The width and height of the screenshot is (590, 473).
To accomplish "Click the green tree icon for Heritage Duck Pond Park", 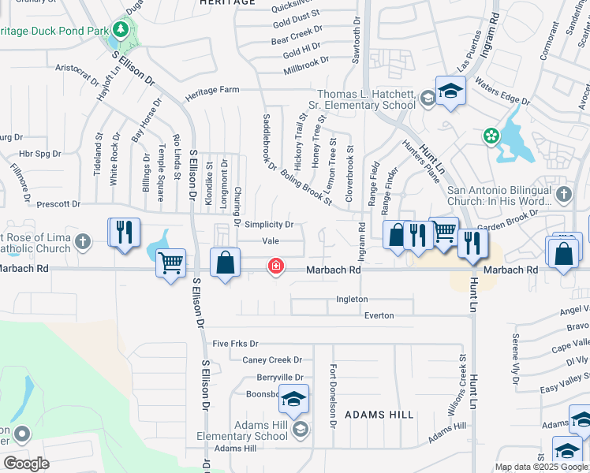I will [121, 30].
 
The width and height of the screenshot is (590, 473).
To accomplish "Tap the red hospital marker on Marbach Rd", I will [275, 266].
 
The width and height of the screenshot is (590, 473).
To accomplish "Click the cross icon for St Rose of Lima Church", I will [84, 244].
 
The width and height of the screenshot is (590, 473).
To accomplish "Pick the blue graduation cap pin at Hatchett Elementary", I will [450, 91].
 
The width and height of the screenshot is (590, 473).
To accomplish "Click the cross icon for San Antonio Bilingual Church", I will [563, 194].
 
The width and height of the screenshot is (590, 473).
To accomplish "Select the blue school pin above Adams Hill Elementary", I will [293, 402].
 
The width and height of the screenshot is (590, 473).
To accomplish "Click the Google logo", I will [25, 464].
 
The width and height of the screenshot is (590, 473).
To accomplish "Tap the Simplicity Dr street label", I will [269, 225].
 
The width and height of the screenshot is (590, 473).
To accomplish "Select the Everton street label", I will [379, 315].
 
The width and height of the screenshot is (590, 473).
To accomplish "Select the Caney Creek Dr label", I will [272, 359].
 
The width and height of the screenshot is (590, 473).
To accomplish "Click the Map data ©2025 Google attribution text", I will [540, 467].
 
